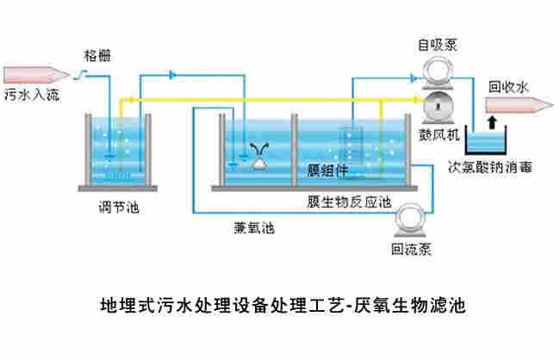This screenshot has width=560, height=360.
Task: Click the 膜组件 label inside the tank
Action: (x=328, y=169)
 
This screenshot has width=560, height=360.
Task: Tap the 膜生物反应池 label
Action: (x=349, y=202)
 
